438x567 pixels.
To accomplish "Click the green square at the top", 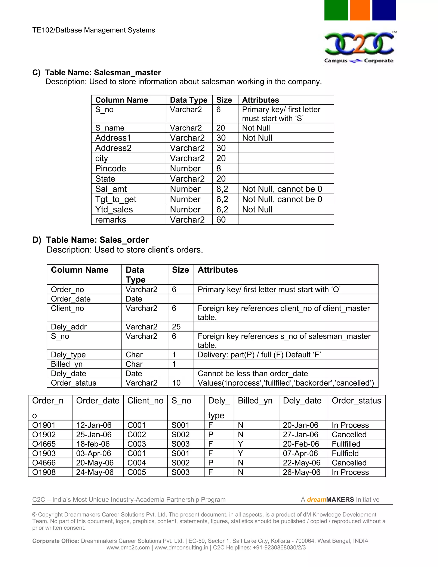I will pyautogui.click(x=336, y=10).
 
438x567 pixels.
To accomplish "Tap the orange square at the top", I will pyautogui.click(x=360, y=10).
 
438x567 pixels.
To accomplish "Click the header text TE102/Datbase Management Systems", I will pyautogui.click(x=93, y=30).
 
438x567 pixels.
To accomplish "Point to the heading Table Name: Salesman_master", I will pyautogui.click(x=103, y=73).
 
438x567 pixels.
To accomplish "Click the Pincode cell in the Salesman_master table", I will pyautogui.click(x=111, y=168).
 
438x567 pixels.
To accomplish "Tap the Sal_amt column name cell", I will pyautogui.click(x=111, y=189).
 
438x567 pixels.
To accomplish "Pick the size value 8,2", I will pyautogui.click(x=222, y=189).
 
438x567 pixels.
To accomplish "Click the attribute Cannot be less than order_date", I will pyautogui.click(x=253, y=373).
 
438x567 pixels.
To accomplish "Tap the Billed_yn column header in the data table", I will pyautogui.click(x=255, y=401).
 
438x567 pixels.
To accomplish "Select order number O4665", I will pyautogui.click(x=44, y=444).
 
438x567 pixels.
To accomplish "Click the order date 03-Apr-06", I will pyautogui.click(x=93, y=453).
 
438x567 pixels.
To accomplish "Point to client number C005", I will pyautogui.click(x=136, y=472).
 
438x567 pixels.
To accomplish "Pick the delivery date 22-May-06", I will pyautogui.click(x=302, y=463).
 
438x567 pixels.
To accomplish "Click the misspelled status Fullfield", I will pyautogui.click(x=345, y=453).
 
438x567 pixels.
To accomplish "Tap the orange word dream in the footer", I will pyautogui.click(x=316, y=500).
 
